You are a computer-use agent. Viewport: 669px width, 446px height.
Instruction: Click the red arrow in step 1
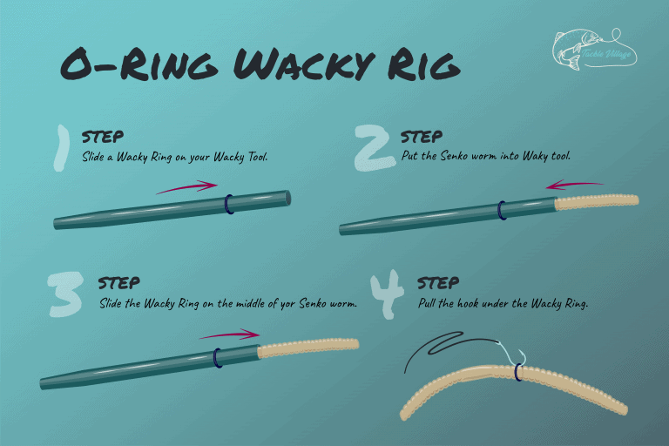pyautogui.click(x=186, y=186)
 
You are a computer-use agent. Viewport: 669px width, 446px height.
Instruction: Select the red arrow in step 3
pyautogui.click(x=229, y=334)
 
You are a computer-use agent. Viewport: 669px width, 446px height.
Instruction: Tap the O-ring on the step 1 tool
pyautogui.click(x=229, y=205)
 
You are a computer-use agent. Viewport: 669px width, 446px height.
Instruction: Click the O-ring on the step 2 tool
pyautogui.click(x=503, y=210)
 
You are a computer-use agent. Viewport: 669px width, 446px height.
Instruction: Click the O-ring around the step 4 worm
pyautogui.click(x=518, y=373)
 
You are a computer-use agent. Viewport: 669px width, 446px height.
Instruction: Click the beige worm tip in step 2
pyautogui.click(x=598, y=203)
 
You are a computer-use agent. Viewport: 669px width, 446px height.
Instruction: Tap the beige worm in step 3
pyautogui.click(x=309, y=348)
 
